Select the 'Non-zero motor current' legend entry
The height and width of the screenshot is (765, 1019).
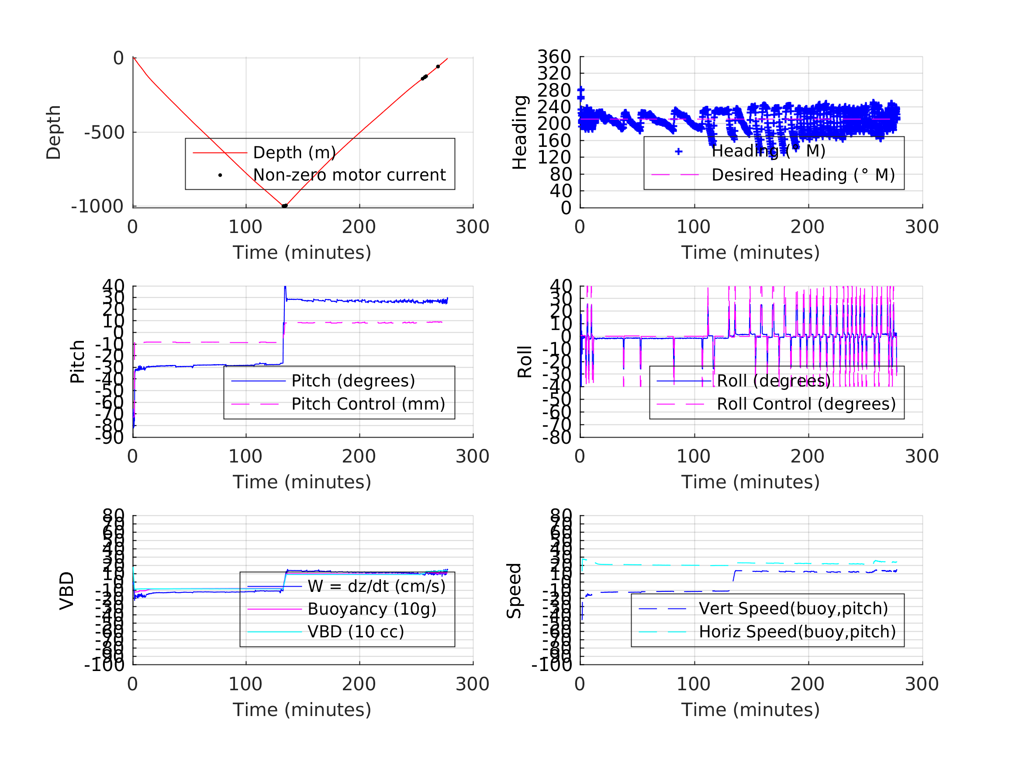(x=349, y=175)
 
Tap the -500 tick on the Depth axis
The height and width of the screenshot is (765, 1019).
(x=104, y=133)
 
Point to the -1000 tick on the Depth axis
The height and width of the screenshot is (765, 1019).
(x=97, y=207)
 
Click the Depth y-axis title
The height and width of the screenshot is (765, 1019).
(x=54, y=132)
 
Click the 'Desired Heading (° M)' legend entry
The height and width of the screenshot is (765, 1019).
(x=803, y=175)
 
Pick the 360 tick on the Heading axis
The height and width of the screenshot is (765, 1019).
(x=554, y=57)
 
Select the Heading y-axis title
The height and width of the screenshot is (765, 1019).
(x=520, y=132)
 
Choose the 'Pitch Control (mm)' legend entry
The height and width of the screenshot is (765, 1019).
(x=368, y=404)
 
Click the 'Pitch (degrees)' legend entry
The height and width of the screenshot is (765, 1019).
(x=353, y=381)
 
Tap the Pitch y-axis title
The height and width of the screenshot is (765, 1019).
(x=77, y=362)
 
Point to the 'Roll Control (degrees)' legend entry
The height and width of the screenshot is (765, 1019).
(x=806, y=404)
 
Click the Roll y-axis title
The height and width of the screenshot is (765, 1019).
(x=525, y=362)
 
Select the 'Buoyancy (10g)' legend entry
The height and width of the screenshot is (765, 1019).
(x=372, y=609)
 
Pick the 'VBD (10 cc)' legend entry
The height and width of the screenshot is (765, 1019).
(x=356, y=632)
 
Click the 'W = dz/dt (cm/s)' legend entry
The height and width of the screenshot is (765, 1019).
(x=377, y=587)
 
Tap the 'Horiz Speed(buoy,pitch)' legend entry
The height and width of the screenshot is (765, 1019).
(x=797, y=632)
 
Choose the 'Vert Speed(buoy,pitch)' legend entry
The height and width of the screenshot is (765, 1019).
(x=793, y=609)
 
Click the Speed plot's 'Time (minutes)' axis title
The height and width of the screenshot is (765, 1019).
(x=750, y=709)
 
